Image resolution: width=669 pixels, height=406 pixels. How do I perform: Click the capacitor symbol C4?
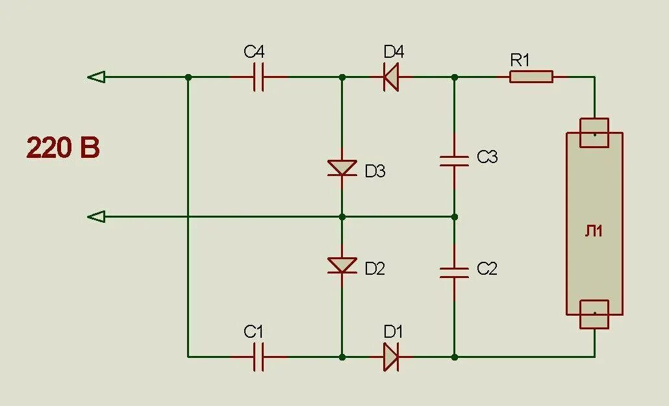(x=259, y=77)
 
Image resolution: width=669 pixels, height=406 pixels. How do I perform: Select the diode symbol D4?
(x=390, y=77)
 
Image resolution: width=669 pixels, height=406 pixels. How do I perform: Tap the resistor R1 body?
(x=531, y=77)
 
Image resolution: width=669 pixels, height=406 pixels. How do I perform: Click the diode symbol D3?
(x=342, y=168)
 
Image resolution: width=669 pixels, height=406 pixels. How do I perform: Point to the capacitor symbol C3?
(x=454, y=160)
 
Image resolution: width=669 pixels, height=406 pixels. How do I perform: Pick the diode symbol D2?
(x=342, y=264)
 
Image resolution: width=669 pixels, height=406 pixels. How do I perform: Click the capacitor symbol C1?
(x=259, y=357)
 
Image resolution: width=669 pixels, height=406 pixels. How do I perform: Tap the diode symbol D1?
(x=390, y=357)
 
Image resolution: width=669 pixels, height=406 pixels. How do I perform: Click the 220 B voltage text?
(x=63, y=148)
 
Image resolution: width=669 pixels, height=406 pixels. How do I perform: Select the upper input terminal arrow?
(x=96, y=77)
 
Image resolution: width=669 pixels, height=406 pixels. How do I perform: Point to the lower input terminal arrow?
(x=96, y=216)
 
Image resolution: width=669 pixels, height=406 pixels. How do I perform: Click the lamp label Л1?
(x=594, y=231)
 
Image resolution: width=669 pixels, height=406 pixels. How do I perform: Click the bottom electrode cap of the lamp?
(x=594, y=315)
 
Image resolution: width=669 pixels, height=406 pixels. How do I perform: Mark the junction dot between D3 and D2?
(x=342, y=216)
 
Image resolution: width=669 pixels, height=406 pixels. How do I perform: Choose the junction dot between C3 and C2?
(x=454, y=216)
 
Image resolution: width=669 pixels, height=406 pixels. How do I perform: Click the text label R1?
(x=520, y=60)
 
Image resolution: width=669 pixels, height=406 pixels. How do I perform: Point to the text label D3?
(x=375, y=171)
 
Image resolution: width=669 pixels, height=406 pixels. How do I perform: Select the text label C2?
(x=486, y=268)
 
